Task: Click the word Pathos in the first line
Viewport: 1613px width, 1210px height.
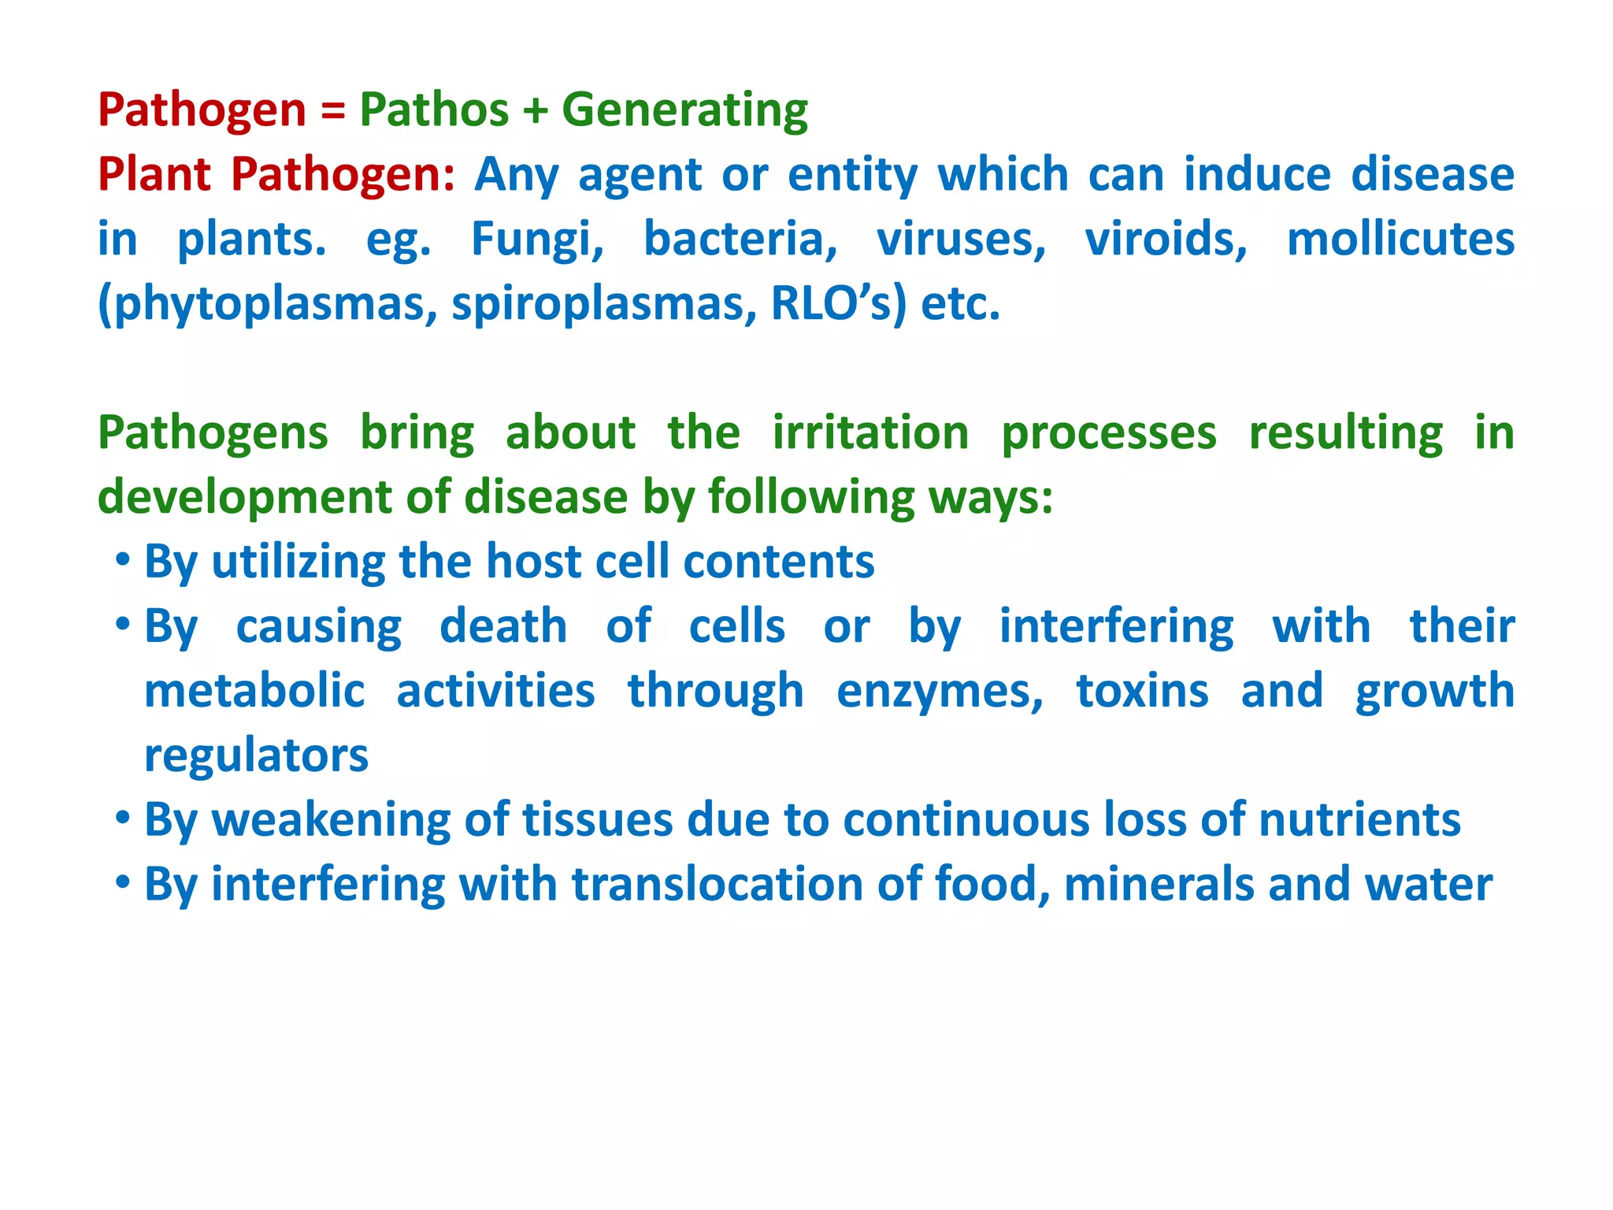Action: pyautogui.click(x=434, y=109)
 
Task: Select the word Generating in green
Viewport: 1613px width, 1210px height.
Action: pyautogui.click(x=684, y=110)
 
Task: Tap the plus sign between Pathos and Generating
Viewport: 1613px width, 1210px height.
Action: pyautogui.click(x=535, y=111)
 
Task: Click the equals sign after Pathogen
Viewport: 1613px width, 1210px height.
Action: pyautogui.click(x=332, y=111)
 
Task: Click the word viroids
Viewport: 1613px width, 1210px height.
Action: pyautogui.click(x=1166, y=239)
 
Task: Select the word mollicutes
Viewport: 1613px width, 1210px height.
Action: pyautogui.click(x=1400, y=239)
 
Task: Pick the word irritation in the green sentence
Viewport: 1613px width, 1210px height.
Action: pyautogui.click(x=870, y=433)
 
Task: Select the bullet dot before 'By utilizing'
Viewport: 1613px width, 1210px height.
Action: pyautogui.click(x=122, y=561)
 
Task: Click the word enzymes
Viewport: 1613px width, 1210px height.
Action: pyautogui.click(x=939, y=692)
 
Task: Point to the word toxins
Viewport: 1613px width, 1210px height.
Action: pyautogui.click(x=1142, y=692)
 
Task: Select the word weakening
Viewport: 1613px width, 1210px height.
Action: pyautogui.click(x=331, y=820)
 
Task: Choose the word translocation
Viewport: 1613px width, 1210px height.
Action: pyautogui.click(x=717, y=885)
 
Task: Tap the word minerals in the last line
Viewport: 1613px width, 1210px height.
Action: pyautogui.click(x=1159, y=885)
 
